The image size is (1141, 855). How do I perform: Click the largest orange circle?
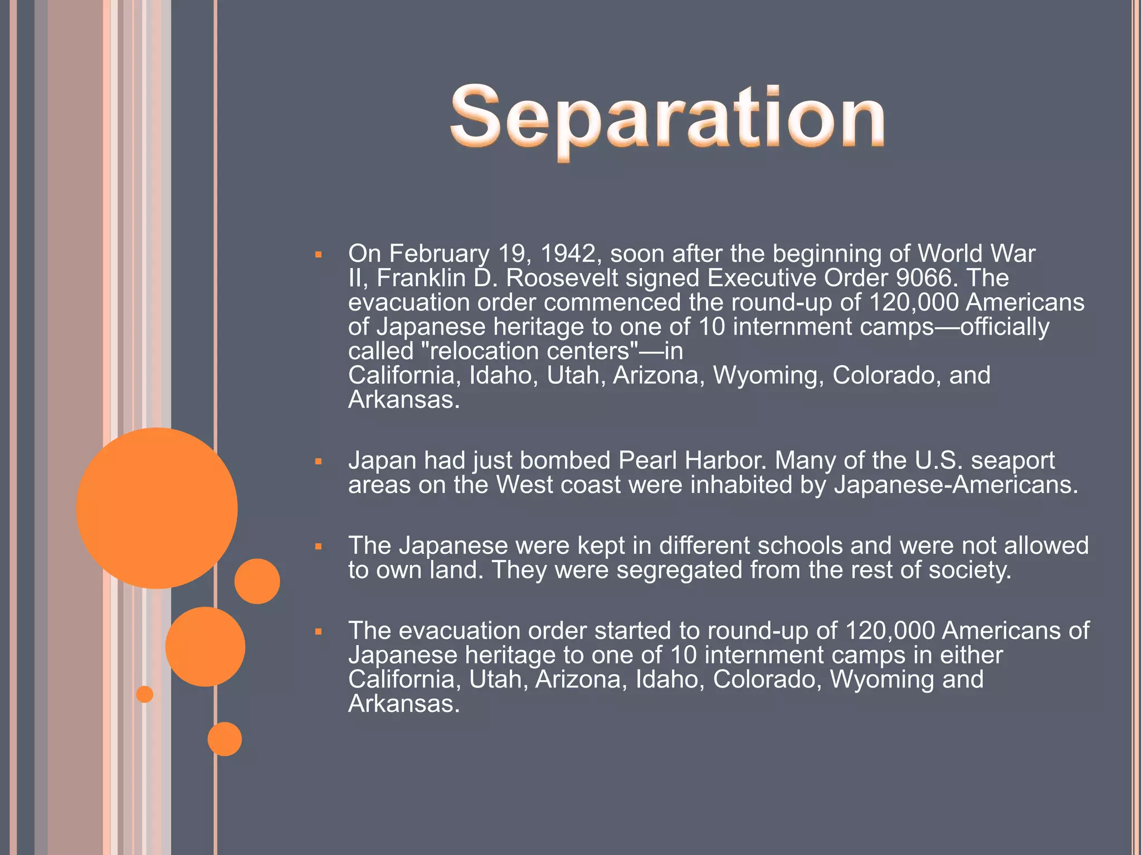click(x=157, y=508)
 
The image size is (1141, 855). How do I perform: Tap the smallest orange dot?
click(x=145, y=694)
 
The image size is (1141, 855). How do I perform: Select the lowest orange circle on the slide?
click(x=225, y=739)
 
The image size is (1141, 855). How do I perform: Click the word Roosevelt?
click(x=562, y=278)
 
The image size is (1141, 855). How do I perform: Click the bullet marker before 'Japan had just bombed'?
click(x=319, y=461)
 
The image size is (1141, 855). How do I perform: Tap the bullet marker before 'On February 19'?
click(x=319, y=255)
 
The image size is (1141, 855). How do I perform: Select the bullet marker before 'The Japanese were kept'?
click(x=319, y=547)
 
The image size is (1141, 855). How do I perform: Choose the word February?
click(x=439, y=254)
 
